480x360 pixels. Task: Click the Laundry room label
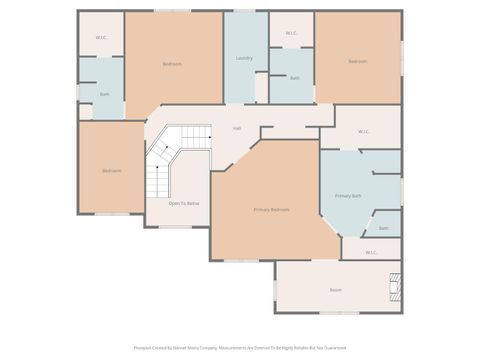[244, 58]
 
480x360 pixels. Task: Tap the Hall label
[237, 128]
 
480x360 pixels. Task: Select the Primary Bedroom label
[272, 209]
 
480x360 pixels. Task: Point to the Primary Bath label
[348, 195]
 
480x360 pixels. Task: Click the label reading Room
[335, 290]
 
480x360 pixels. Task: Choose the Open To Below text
[183, 202]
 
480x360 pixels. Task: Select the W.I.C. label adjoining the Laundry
[291, 33]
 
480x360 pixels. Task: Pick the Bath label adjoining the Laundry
[294, 77]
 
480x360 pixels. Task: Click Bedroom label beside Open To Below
[111, 170]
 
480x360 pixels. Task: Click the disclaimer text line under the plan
[240, 348]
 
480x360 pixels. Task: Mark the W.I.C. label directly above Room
[371, 252]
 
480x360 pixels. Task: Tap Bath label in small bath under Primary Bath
[384, 228]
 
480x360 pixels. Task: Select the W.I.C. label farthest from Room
[101, 37]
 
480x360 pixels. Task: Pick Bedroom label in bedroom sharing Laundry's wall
[172, 64]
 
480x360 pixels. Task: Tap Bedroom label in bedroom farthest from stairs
[357, 62]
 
